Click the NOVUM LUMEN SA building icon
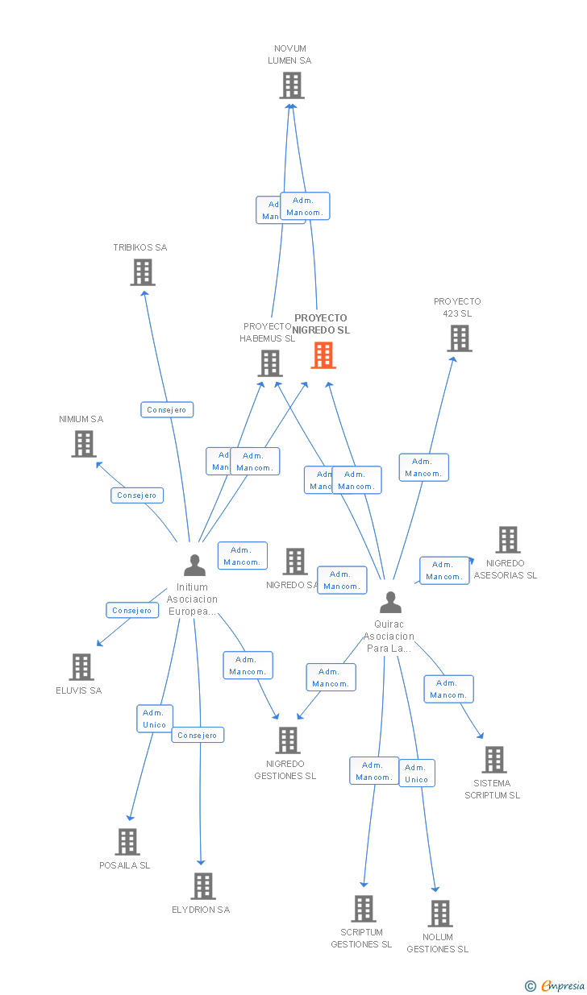coord(292,85)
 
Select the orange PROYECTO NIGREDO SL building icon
coord(323,355)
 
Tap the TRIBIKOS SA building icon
coord(143,272)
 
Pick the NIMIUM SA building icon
coord(83,444)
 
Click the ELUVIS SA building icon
coord(81,667)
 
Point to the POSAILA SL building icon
coord(127,842)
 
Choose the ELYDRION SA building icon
coord(202,886)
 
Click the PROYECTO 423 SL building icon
coord(460,338)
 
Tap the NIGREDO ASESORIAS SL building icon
coord(507,540)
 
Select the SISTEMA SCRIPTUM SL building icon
coord(493,759)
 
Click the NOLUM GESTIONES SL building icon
coord(439,914)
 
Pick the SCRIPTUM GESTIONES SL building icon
coord(363,909)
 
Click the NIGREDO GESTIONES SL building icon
coord(288,740)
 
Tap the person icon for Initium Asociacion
coord(194,566)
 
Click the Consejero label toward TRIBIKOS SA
coord(167,410)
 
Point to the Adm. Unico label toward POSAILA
coord(154,719)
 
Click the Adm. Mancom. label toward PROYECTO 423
coord(423,467)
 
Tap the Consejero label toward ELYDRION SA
coord(198,736)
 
